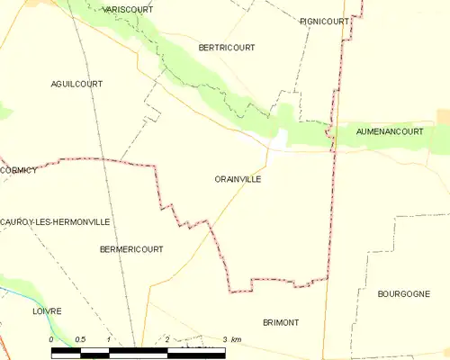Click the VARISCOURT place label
pos(128,9)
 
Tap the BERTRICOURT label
pos(226,47)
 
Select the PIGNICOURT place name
pos(324,21)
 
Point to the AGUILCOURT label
pos(76,83)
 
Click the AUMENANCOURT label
pos(389,131)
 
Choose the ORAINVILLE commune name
pos(238,179)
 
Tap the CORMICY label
pos(19,170)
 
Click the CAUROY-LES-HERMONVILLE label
pos(55,221)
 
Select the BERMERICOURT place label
pos(131,248)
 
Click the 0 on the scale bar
pos(52,338)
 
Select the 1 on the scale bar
pos(108,338)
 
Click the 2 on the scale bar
pos(166,338)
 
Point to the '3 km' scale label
pos(230,338)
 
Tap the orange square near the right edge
pos(443,116)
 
